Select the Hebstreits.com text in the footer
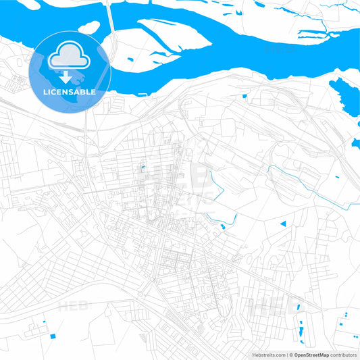click(x=267, y=354)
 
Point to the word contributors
click(x=343, y=354)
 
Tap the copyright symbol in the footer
click(x=290, y=354)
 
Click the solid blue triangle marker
click(x=284, y=223)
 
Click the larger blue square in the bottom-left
click(x=53, y=336)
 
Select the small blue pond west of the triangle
click(x=220, y=226)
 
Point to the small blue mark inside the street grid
click(x=142, y=165)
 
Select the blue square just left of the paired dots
click(x=337, y=317)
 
